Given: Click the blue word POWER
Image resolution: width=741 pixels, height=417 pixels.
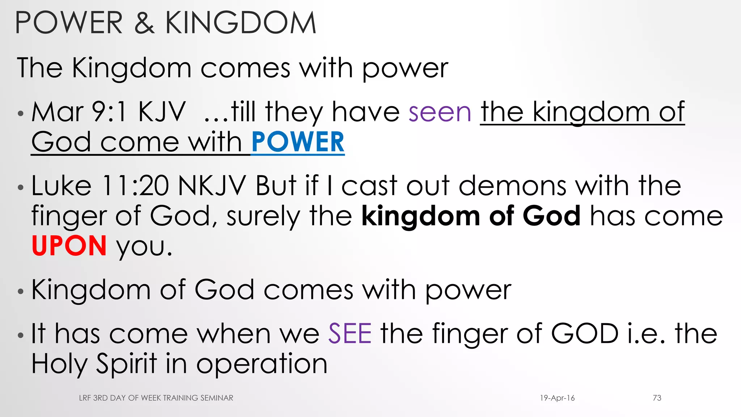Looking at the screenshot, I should pos(297,142).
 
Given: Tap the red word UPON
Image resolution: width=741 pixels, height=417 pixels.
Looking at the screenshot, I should pos(69,246).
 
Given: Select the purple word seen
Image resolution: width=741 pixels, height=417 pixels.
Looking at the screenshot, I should pos(440,112).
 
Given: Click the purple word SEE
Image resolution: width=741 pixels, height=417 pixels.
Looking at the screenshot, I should pos(350,333).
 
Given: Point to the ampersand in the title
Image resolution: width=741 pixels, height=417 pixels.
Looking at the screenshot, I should pos(144,23).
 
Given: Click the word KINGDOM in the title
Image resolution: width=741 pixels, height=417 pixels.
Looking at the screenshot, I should pos(241,23).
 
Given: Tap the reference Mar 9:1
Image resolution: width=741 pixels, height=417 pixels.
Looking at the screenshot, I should pos(79,112).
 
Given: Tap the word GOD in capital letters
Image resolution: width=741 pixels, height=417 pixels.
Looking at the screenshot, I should pos(584,333).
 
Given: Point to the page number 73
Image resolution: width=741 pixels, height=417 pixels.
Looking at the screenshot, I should pos(657,398).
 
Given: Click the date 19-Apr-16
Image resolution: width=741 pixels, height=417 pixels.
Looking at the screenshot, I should pos(557,398).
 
